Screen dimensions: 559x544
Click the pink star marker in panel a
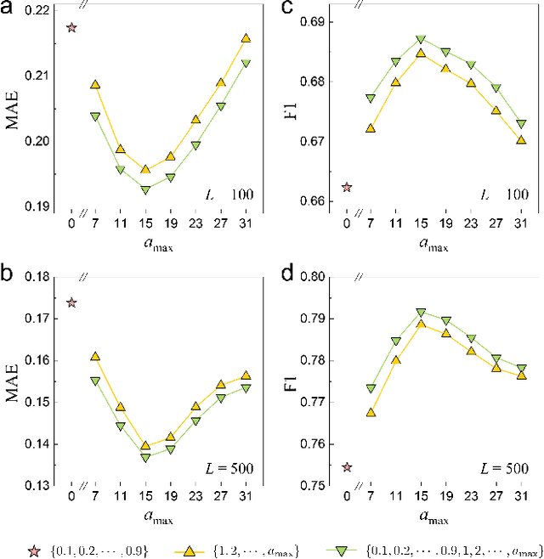(71, 27)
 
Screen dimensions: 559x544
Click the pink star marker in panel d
(346, 466)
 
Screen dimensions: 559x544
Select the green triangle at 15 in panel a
(144, 190)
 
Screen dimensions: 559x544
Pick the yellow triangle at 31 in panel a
(246, 38)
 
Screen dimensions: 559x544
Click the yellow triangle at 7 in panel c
(370, 128)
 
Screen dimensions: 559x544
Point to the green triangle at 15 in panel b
(144, 457)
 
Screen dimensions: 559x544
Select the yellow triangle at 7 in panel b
(95, 356)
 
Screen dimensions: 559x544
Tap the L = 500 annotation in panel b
(229, 466)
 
